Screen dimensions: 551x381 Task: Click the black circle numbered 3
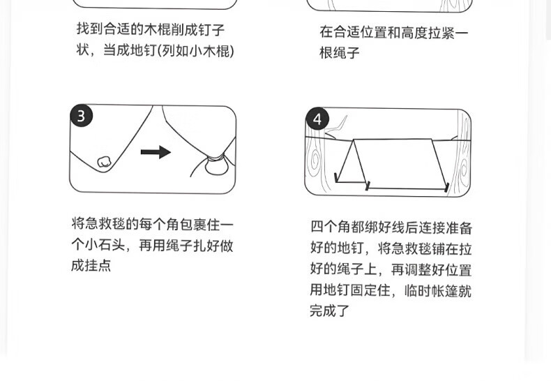coord(82,116)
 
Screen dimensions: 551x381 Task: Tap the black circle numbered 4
coord(317,119)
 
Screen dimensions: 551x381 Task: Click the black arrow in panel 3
coord(156,152)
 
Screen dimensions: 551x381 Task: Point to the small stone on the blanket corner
coord(104,162)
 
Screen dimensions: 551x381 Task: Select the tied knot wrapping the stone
coord(215,158)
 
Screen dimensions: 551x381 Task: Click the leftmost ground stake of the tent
coord(336,177)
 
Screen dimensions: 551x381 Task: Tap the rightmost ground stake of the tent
coord(447,188)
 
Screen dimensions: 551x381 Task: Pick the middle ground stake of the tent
coord(368,186)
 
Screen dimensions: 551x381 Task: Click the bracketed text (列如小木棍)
coord(195,51)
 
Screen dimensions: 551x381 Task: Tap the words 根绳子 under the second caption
coord(340,53)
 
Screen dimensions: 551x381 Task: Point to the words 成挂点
coord(91,265)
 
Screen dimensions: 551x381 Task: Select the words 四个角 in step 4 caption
coord(331,227)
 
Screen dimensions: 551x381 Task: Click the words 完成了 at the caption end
coord(330,311)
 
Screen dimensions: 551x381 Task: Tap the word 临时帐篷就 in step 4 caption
coord(438,291)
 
